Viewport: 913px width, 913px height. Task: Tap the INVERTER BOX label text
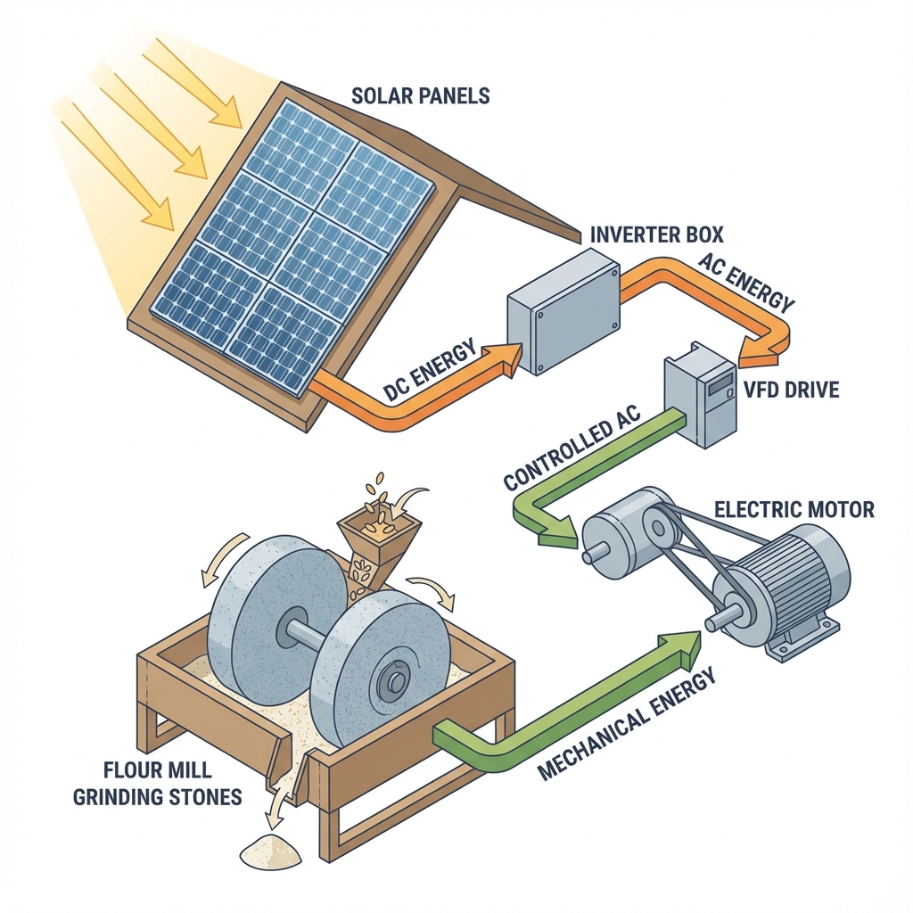657,235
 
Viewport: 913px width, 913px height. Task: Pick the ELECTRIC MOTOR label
794,511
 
